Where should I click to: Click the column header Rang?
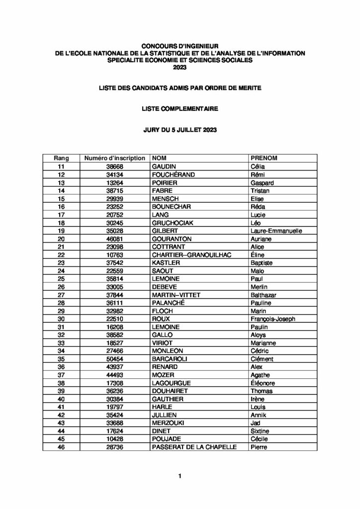pos(61,158)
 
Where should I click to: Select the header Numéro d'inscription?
pos(115,158)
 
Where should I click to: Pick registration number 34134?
pos(115,174)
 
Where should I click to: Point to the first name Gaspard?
pos(263,182)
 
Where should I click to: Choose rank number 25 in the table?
pos(61,279)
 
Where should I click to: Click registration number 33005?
pos(115,287)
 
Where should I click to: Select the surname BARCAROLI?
pos(172,359)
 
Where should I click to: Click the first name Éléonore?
pos(264,383)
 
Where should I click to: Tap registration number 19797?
pos(115,407)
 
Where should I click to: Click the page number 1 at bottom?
pos(180,476)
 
